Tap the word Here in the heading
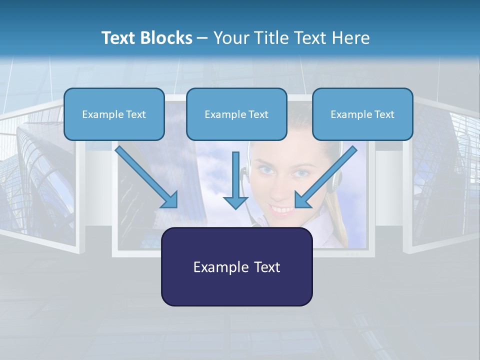[351, 38]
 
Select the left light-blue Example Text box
[114, 114]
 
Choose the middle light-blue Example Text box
[236, 114]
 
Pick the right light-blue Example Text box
[362, 114]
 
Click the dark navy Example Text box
[236, 266]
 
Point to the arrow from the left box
[146, 177]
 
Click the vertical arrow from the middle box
[235, 180]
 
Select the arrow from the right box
[325, 177]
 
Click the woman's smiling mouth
[282, 208]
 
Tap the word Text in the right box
[383, 114]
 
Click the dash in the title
[202, 38]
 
